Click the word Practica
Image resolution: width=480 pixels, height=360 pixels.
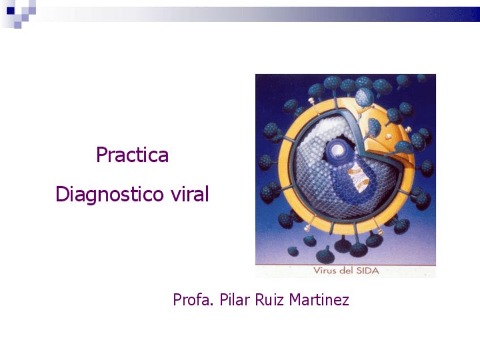pyautogui.click(x=132, y=155)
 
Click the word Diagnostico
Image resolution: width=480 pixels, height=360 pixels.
pyautogui.click(x=110, y=195)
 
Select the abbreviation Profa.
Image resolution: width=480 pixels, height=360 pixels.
pyautogui.click(x=190, y=299)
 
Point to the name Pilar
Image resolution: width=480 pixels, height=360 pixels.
pyautogui.click(x=234, y=299)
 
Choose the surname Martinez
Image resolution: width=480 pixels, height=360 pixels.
pyautogui.click(x=319, y=299)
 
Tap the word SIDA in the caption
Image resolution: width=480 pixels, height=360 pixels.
pyautogui.click(x=368, y=271)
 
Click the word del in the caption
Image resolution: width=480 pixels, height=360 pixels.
pyautogui.click(x=346, y=271)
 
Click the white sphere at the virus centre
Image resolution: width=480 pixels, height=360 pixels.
pyautogui.click(x=338, y=150)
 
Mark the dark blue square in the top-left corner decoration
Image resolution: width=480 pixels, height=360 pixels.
pyautogui.click(x=10, y=10)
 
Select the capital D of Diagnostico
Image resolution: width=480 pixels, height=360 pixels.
pyautogui.click(x=62, y=195)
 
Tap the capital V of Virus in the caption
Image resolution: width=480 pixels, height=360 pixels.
pyautogui.click(x=317, y=271)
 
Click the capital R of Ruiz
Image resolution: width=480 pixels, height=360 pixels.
pyautogui.click(x=260, y=299)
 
